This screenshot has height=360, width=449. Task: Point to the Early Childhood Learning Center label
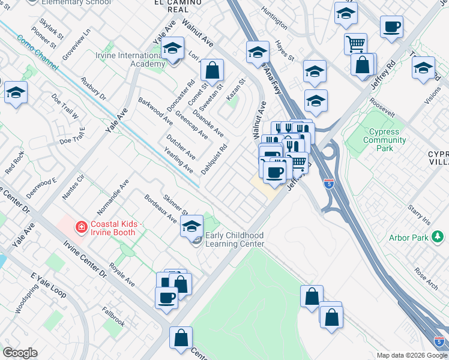pyautogui.click(x=234, y=240)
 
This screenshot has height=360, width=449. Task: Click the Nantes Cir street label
pyautogui.click(x=74, y=186)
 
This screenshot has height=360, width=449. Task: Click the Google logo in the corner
pyautogui.click(x=20, y=353)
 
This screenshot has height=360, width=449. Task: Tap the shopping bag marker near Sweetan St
pyautogui.click(x=212, y=70)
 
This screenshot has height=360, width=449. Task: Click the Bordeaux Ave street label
pyautogui.click(x=160, y=208)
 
